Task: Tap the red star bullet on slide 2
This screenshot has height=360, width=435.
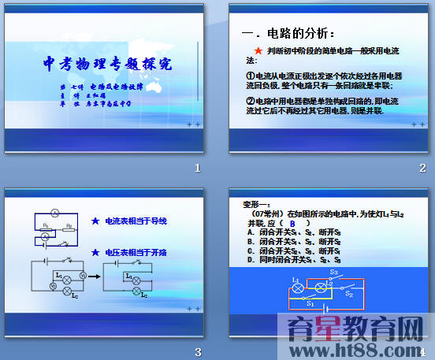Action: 257,50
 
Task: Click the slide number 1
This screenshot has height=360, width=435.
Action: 198,169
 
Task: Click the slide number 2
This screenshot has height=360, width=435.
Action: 422,169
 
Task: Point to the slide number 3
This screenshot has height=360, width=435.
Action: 198,351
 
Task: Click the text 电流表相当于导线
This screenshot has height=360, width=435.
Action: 136,221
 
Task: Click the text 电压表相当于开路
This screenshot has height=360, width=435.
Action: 136,253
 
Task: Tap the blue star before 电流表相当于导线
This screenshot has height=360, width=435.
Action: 95,221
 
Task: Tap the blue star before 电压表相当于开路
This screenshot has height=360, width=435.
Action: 95,253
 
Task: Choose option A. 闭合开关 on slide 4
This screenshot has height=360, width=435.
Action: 285,232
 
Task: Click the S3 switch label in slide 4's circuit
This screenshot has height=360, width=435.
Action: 333,272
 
